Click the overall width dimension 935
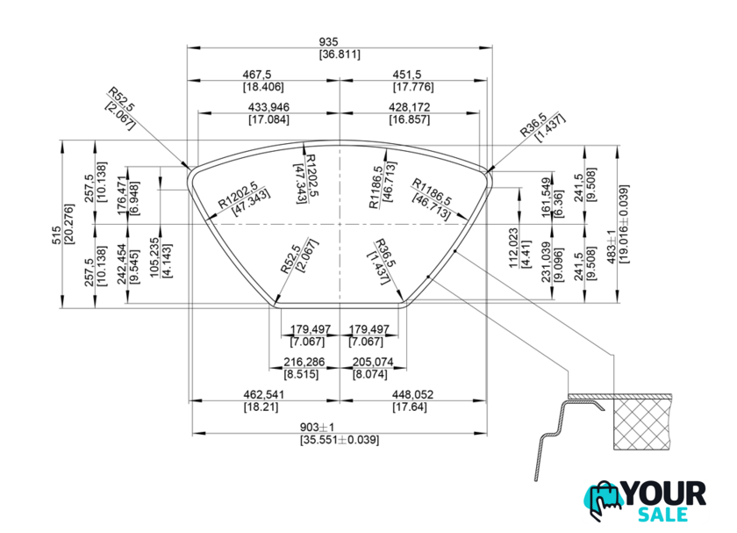click(340, 40)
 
